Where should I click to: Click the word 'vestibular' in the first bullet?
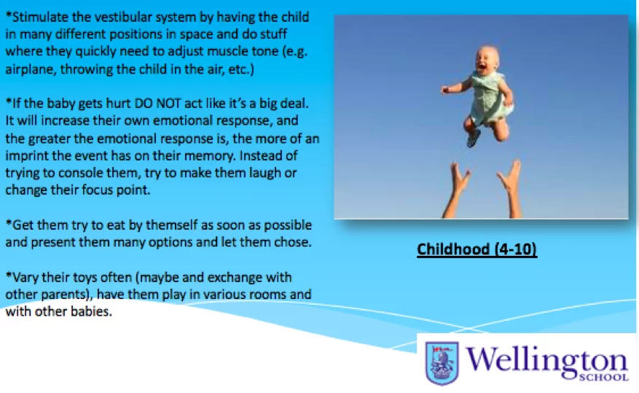[x=133, y=17]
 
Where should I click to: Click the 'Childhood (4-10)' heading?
[x=477, y=249]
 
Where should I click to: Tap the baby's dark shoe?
[x=473, y=138]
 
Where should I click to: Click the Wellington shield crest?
[x=442, y=363]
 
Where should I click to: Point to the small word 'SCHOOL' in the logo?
[x=603, y=377]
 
